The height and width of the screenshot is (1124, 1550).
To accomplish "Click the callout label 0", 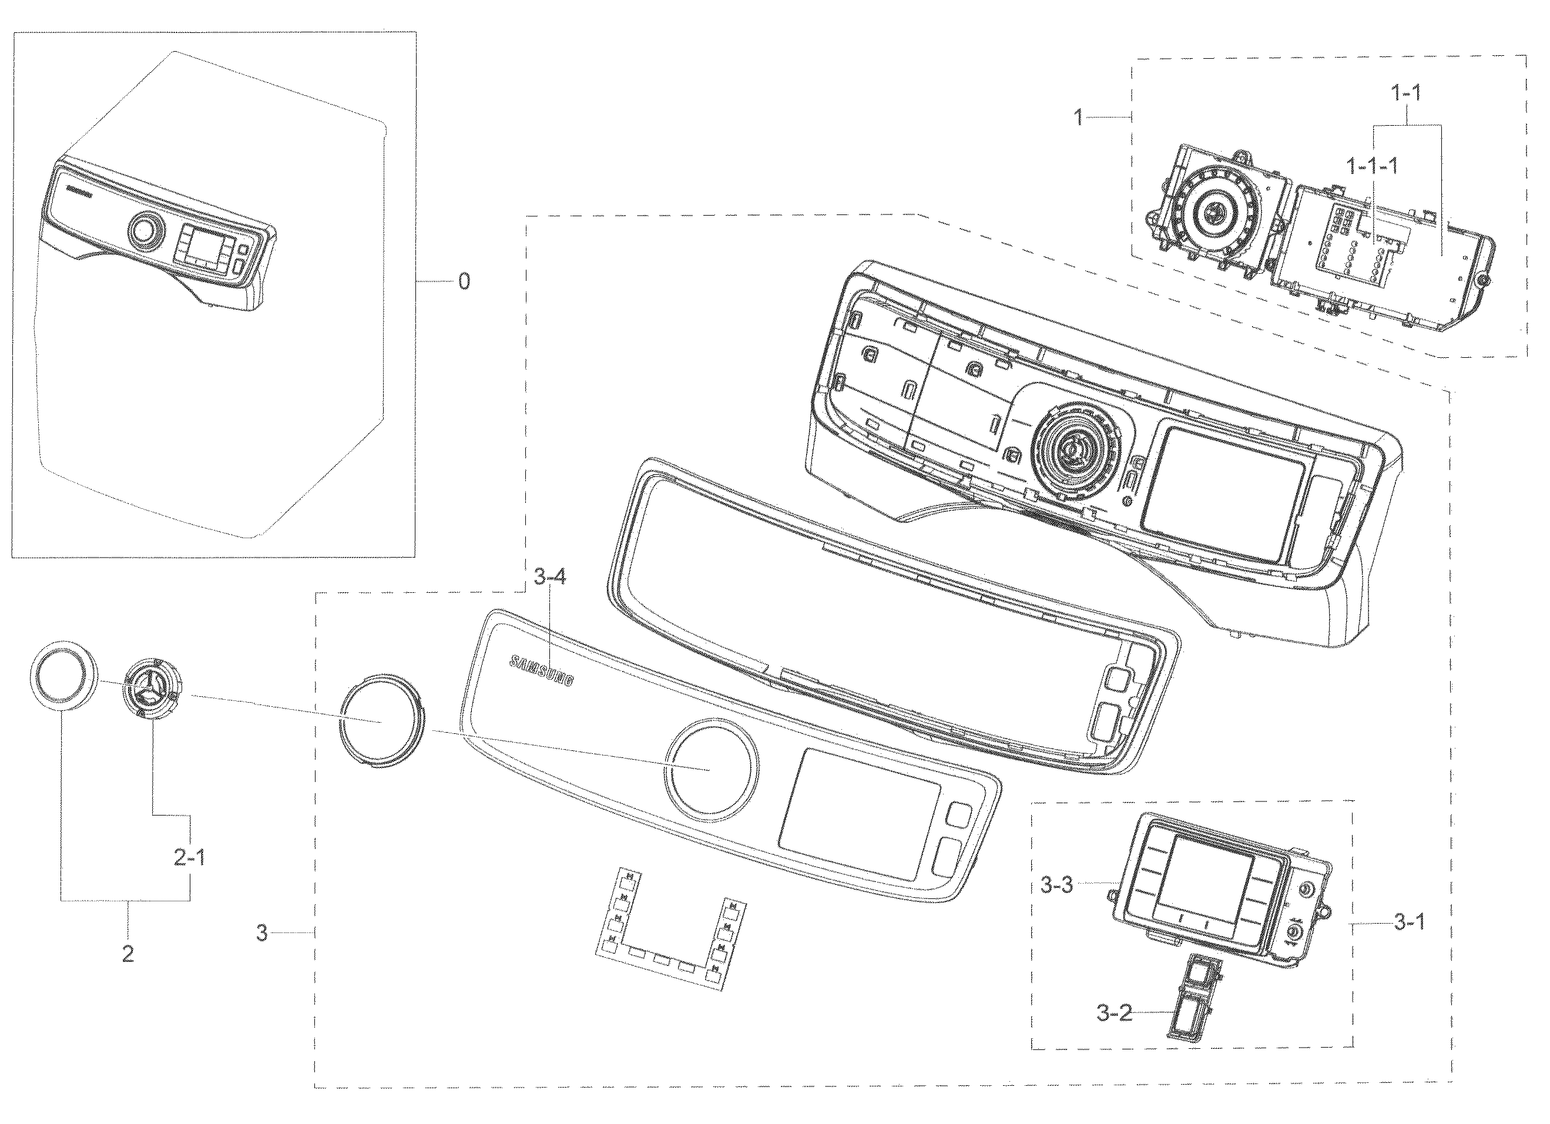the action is pyautogui.click(x=464, y=281).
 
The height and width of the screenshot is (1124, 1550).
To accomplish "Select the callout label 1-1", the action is pyautogui.click(x=1407, y=93).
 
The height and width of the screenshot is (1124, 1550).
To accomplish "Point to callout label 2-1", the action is pyautogui.click(x=189, y=857).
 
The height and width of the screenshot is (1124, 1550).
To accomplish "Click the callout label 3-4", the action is pyautogui.click(x=549, y=578).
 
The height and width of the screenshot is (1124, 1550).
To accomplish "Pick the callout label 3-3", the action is pyautogui.click(x=1056, y=885).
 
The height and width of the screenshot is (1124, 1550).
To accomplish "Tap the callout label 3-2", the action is pyautogui.click(x=1114, y=1012).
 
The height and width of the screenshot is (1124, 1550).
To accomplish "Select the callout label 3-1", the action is pyautogui.click(x=1408, y=922).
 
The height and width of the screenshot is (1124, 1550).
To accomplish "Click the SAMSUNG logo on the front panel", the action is pyautogui.click(x=541, y=670).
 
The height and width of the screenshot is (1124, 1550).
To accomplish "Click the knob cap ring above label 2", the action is pyautogui.click(x=62, y=676).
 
